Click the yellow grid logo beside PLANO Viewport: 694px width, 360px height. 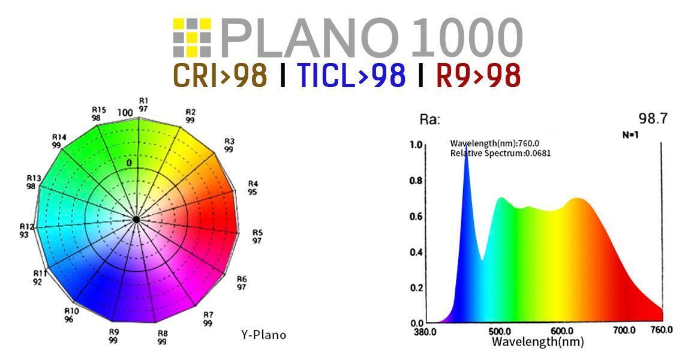pyautogui.click(x=192, y=38)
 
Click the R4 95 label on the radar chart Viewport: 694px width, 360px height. pyautogui.click(x=253, y=188)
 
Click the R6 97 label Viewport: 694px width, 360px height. pyautogui.click(x=242, y=283)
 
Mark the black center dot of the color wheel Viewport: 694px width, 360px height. pyautogui.click(x=137, y=220)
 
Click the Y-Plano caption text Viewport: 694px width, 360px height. pyautogui.click(x=263, y=335)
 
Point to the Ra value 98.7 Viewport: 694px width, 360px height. pyautogui.click(x=653, y=119)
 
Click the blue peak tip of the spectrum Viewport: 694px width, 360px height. pyautogui.click(x=466, y=157)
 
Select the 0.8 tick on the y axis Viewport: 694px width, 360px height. pyautogui.click(x=416, y=181)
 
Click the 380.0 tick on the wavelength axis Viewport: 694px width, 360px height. pyautogui.click(x=425, y=331)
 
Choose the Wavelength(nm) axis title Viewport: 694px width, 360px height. pyautogui.click(x=537, y=342)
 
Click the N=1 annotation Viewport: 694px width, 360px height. pyautogui.click(x=630, y=135)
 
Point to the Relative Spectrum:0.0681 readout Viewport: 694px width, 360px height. pyautogui.click(x=500, y=154)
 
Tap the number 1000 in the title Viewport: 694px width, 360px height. pyautogui.click(x=467, y=38)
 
